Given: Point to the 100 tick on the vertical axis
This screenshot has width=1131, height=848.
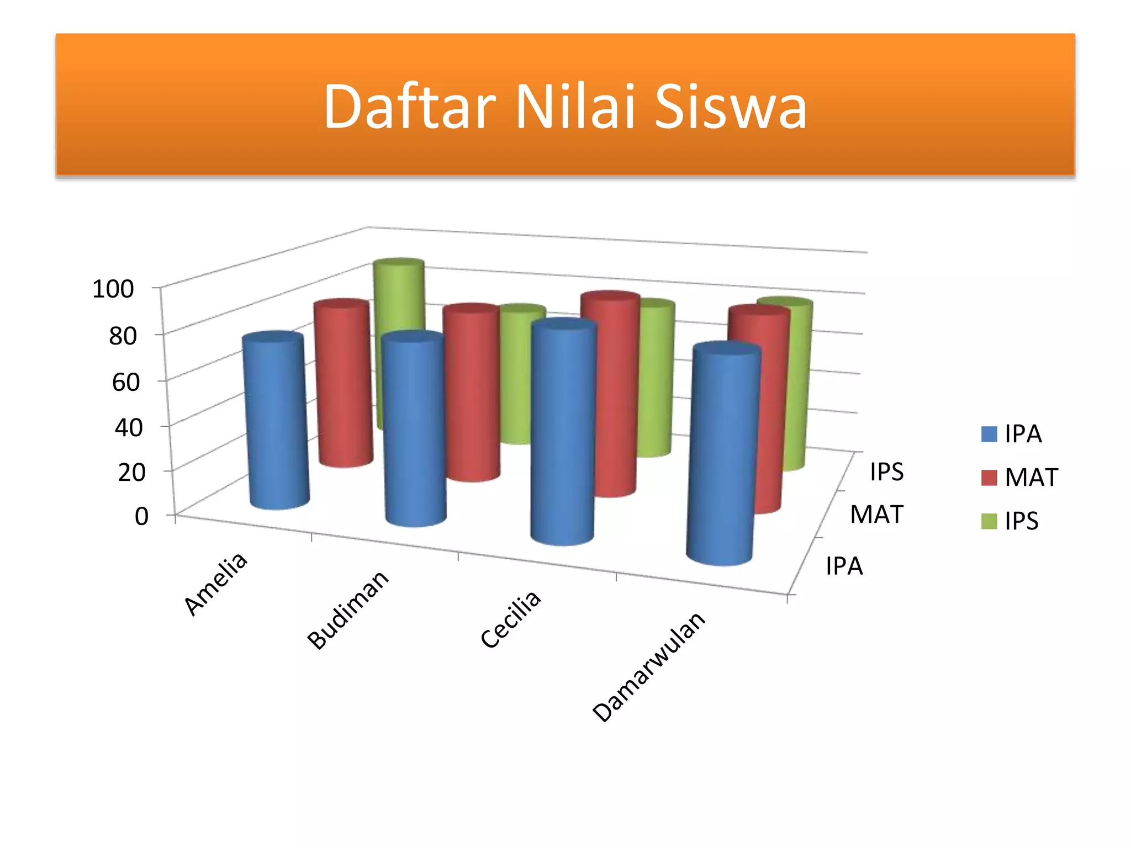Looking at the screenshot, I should (x=113, y=289).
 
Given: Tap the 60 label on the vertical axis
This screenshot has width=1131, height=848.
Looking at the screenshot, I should (x=126, y=382).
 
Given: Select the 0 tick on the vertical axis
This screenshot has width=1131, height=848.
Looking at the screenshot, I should (x=141, y=517).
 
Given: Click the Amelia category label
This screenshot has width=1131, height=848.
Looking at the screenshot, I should (x=216, y=584).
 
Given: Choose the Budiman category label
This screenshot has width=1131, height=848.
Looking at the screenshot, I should (x=348, y=609).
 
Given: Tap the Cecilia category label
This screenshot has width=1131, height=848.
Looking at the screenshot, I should (x=510, y=619).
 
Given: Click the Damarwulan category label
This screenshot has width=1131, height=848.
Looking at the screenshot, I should (x=649, y=666).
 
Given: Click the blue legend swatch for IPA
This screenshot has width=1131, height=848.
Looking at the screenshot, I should (x=989, y=434).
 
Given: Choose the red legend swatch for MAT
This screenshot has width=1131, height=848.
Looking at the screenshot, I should (x=989, y=478).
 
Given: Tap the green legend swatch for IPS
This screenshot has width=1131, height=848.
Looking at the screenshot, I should (x=989, y=521).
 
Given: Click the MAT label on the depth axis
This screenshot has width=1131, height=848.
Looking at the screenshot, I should (x=876, y=515).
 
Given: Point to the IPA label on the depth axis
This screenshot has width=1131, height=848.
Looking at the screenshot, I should (x=844, y=566).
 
